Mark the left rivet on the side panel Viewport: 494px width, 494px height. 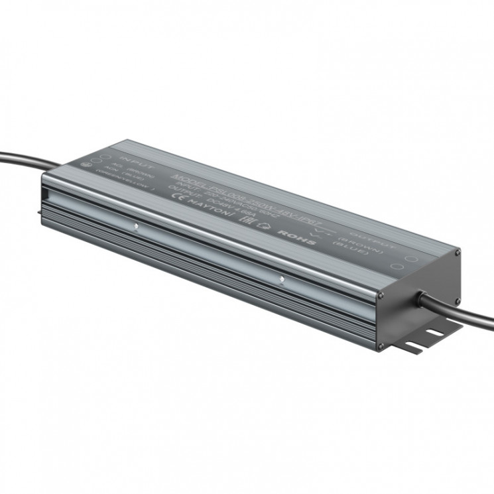137,225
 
